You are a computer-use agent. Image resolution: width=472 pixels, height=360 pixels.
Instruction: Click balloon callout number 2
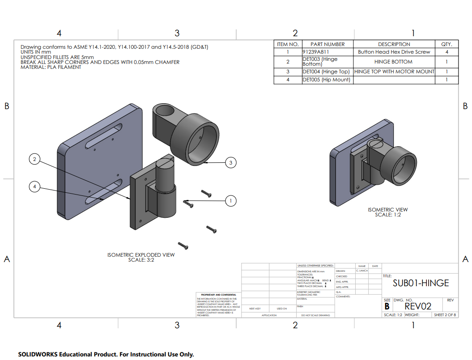click(x=35, y=158)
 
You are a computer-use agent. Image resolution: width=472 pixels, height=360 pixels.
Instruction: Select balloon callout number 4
click(x=35, y=187)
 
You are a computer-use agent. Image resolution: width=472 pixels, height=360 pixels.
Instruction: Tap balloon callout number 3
click(x=231, y=163)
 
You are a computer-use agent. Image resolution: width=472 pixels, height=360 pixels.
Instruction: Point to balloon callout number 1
click(x=231, y=201)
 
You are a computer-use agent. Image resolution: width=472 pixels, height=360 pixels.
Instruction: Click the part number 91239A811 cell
click(x=316, y=52)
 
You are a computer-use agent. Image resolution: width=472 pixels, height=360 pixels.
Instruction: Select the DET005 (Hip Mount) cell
click(x=326, y=80)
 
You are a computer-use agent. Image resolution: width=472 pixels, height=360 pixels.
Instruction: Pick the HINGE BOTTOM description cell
click(x=393, y=62)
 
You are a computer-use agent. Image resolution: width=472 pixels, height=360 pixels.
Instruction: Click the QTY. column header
click(x=446, y=44)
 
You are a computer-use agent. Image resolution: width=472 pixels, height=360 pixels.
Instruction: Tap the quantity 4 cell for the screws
click(x=446, y=52)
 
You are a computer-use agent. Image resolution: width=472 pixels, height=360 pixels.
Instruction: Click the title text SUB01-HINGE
click(x=421, y=283)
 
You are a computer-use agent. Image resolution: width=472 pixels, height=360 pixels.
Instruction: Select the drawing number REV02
click(x=418, y=306)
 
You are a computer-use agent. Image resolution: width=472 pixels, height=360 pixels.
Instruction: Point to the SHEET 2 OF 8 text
click(x=445, y=315)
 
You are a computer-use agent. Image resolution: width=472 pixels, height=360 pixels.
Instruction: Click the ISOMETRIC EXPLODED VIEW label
click(x=141, y=255)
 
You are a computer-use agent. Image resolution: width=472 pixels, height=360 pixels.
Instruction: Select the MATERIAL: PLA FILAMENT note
click(x=51, y=67)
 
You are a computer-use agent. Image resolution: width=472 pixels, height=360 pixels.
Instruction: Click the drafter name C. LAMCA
click(x=361, y=271)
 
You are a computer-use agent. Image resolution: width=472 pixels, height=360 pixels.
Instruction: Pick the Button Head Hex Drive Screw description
click(x=394, y=52)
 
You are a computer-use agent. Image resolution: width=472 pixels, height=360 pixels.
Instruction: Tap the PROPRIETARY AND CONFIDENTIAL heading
click(x=219, y=295)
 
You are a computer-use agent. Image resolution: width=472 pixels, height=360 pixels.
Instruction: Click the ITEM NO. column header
click(x=288, y=44)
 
